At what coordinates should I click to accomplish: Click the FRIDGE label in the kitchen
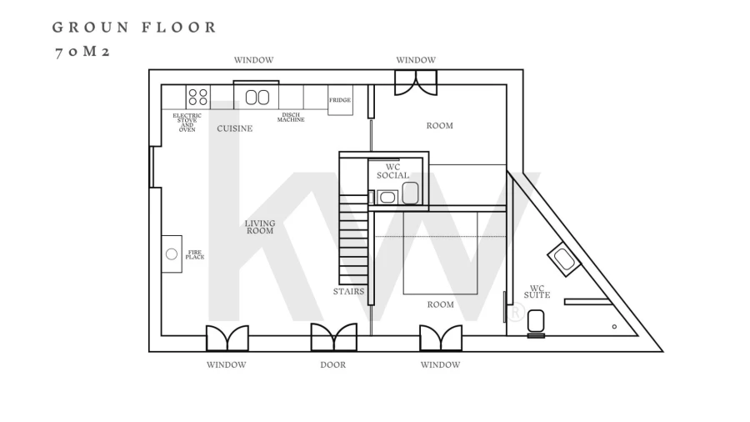(x=340, y=100)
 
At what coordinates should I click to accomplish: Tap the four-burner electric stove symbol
(x=198, y=97)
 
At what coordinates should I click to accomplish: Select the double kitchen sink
(x=257, y=98)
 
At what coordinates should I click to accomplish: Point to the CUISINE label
(x=234, y=128)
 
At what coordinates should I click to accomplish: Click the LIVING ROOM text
(x=260, y=227)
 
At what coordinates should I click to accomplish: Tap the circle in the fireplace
(x=171, y=254)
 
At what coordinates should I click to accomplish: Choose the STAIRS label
(x=348, y=291)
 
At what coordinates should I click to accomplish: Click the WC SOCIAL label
(x=392, y=171)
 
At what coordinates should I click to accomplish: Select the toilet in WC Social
(x=410, y=193)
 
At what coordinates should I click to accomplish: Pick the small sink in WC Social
(x=387, y=197)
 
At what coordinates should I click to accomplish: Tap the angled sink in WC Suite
(x=564, y=259)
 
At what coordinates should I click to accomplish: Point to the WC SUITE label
(x=537, y=292)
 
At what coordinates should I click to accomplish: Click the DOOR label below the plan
(x=332, y=364)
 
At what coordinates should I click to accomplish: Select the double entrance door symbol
(x=334, y=337)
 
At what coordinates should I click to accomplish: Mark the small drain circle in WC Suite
(x=614, y=327)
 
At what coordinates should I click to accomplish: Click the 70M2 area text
(x=83, y=52)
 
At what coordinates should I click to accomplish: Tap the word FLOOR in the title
(x=179, y=28)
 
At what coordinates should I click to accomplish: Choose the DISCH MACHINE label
(x=291, y=118)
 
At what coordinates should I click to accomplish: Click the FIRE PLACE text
(x=195, y=254)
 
